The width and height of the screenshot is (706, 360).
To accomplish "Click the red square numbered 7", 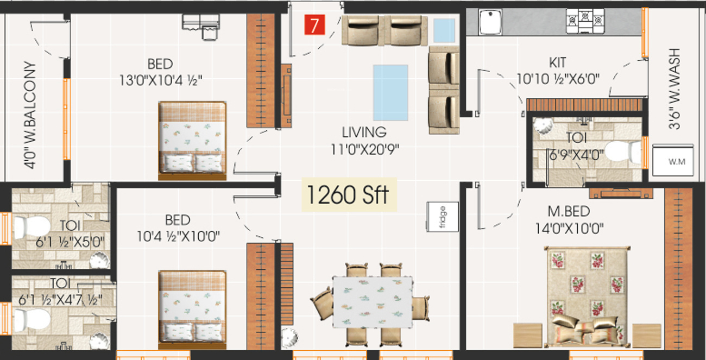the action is (314, 24).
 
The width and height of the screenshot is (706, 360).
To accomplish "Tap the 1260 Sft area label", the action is (349, 195).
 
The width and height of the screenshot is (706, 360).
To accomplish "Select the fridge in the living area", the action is (442, 217).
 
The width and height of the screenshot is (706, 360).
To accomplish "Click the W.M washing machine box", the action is (673, 161).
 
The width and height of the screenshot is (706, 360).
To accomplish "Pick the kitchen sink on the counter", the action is (490, 22).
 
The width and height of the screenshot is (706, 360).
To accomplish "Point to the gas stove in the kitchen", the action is (585, 21).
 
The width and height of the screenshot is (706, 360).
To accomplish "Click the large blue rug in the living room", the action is (390, 93).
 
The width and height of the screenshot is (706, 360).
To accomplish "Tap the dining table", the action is (373, 302).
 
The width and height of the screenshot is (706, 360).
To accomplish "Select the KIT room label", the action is (557, 63).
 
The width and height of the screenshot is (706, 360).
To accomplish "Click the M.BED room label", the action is (569, 211).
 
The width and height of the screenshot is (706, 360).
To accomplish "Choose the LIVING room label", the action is (364, 132).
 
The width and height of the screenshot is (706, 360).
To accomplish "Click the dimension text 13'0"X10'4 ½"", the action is (160, 80).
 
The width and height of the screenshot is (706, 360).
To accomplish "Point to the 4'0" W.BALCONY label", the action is (30, 115).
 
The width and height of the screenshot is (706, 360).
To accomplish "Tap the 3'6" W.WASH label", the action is (674, 89).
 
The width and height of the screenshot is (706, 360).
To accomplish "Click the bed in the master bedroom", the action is (587, 296).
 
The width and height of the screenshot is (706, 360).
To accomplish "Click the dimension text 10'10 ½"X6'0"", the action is (558, 79).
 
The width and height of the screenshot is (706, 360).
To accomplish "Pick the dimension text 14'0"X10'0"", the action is (570, 228).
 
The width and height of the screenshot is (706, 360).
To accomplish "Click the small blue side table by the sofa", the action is (444, 30).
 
